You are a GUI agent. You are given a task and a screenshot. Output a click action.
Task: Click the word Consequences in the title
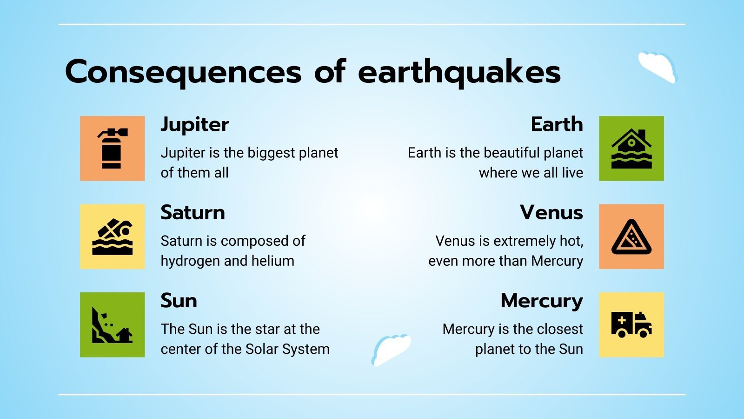(183, 72)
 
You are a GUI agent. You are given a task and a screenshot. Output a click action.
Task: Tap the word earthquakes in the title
(459, 72)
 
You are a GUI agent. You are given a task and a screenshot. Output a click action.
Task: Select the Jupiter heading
(195, 125)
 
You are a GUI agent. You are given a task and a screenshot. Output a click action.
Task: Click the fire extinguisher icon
(112, 148)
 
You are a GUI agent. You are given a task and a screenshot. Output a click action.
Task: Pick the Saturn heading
(193, 213)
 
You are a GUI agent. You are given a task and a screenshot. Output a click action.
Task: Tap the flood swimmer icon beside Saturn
(112, 237)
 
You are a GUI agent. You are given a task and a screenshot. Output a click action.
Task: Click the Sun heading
(179, 301)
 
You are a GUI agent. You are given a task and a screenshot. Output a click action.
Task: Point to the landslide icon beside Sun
(112, 325)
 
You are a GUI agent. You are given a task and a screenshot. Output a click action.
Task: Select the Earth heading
(557, 125)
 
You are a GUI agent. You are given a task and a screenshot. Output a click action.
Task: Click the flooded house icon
(631, 148)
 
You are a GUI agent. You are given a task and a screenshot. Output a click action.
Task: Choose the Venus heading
(551, 213)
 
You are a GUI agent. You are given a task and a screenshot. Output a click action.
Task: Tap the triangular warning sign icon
(631, 237)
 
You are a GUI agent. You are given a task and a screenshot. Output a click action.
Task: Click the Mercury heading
(542, 301)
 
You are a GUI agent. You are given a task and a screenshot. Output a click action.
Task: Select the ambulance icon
(631, 325)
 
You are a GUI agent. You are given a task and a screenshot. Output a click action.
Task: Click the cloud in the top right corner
(658, 67)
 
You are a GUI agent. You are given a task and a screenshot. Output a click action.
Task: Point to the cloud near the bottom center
(391, 349)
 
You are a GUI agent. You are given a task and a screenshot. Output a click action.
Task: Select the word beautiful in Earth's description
(500, 153)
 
